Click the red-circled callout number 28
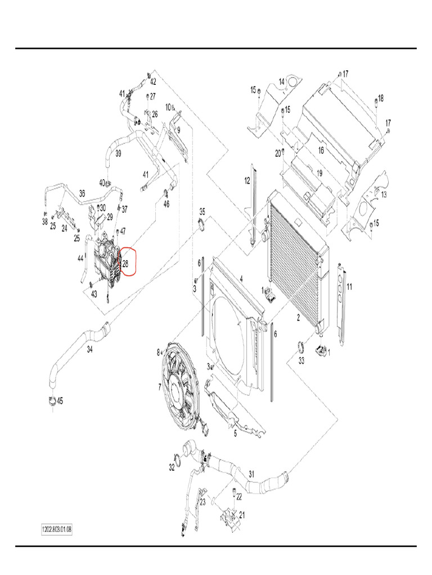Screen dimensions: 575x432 point(126,263)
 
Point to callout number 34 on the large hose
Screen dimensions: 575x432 point(89,349)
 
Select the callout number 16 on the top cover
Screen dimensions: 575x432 point(321,150)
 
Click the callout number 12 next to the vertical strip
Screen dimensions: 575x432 point(246,180)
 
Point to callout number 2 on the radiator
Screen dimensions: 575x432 point(298,317)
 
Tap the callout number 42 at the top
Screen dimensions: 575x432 point(152,81)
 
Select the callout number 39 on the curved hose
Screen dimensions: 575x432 point(118,153)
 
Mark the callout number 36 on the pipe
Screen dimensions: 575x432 point(82,193)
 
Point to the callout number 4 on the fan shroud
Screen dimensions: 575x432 point(241,278)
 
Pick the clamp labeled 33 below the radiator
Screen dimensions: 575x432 point(300,352)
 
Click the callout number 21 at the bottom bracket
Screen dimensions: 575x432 point(242,515)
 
